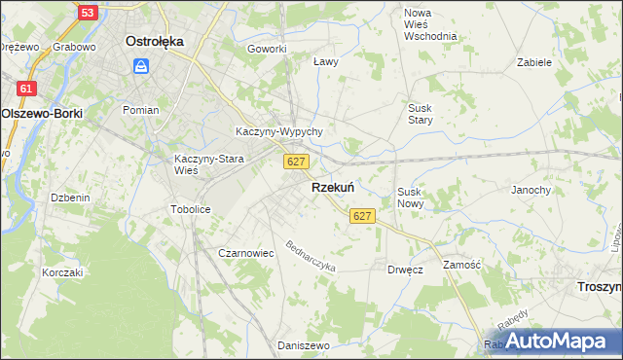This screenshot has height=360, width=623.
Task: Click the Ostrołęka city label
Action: (x=155, y=42)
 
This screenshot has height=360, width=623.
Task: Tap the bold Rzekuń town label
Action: (x=332, y=187)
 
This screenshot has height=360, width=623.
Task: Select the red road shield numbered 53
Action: (x=89, y=13)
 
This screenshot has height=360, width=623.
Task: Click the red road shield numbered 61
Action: (x=26, y=89)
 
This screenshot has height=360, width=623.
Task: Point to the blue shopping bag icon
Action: (x=142, y=65)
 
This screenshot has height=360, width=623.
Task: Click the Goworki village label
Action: (x=267, y=49)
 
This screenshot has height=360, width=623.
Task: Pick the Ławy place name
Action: (x=325, y=61)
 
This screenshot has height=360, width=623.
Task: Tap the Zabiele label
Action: (x=534, y=61)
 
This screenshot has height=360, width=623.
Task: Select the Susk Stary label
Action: (x=421, y=114)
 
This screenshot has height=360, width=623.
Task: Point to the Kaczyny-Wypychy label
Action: (x=279, y=131)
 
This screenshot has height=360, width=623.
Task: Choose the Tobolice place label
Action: (x=190, y=209)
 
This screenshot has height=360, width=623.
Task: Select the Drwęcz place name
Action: (x=404, y=270)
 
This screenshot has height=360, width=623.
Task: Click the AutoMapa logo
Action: (x=555, y=341)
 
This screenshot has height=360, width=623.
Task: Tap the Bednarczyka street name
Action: (x=311, y=255)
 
